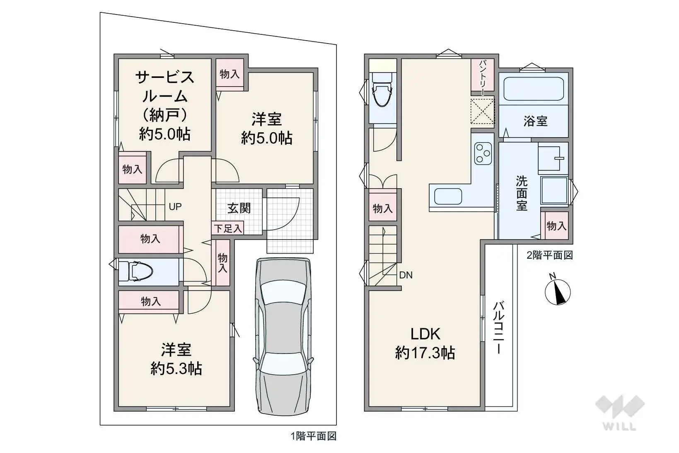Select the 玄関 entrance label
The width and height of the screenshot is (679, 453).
click(x=239, y=208)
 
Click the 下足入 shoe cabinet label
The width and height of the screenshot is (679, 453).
click(x=227, y=228)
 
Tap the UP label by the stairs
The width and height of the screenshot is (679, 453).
click(x=175, y=206)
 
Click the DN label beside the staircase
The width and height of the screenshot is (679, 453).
click(x=406, y=275)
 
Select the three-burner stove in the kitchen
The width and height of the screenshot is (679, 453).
click(x=483, y=153)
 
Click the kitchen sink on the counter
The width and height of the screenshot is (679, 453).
click(x=448, y=196)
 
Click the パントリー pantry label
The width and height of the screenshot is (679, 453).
click(x=483, y=77)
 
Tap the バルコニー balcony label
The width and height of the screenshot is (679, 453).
click(x=499, y=327)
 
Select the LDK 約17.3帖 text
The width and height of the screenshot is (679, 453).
click(x=425, y=343)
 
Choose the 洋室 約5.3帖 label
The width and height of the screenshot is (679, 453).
click(x=176, y=359)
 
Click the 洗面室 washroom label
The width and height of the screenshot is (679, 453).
click(x=522, y=193)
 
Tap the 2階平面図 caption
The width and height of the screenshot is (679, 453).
click(x=549, y=255)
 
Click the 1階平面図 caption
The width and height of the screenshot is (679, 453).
click(x=313, y=436)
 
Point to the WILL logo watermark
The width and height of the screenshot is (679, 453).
click(x=620, y=412)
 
